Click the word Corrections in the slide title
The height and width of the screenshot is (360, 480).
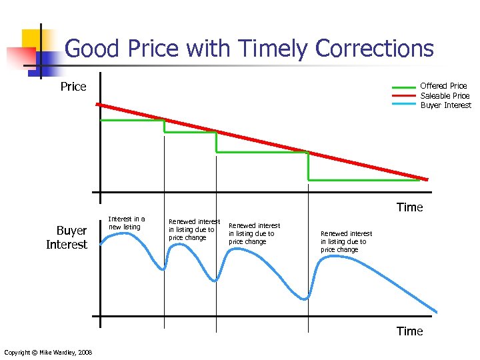coord(374,49)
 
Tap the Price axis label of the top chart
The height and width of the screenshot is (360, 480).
coord(73,87)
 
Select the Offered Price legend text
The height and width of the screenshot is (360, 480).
coord(443,86)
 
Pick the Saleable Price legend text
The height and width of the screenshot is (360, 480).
coord(445,95)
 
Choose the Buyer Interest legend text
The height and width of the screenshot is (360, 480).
coord(445,105)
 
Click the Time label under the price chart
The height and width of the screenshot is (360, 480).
coord(409,207)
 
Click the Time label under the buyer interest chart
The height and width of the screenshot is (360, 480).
coord(409,331)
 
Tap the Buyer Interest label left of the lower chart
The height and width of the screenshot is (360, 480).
coord(67,237)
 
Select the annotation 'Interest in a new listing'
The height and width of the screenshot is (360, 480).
coord(126,223)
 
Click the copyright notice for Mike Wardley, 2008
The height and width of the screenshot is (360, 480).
coord(48,352)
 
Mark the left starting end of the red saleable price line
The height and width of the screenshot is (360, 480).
coord(97,105)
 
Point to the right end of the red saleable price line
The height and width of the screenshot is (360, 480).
coord(427,179)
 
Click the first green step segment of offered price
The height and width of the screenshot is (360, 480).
coord(132,120)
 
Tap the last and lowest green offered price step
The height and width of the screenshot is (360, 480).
coord(365,180)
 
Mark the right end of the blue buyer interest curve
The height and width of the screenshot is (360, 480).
coord(437,311)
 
